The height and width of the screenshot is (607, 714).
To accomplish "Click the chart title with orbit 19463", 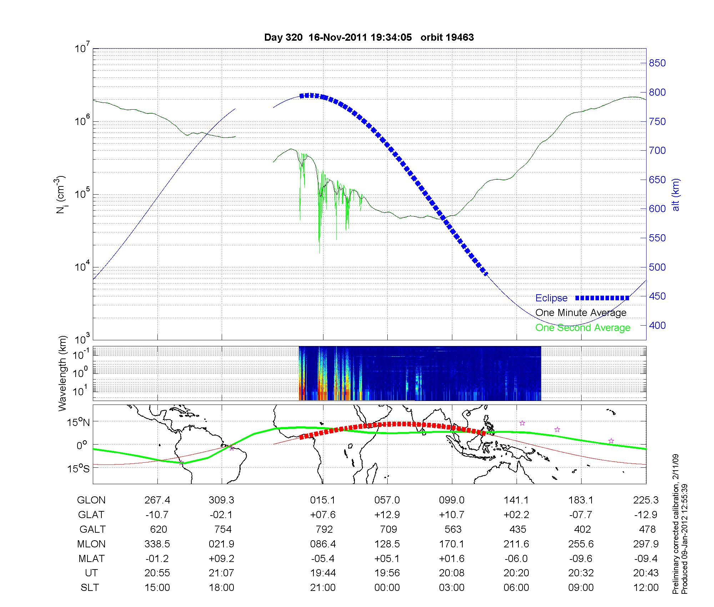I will point(369,37).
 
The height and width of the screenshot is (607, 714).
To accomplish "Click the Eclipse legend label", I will point(551,298).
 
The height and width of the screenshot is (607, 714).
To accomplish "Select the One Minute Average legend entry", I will point(581,313).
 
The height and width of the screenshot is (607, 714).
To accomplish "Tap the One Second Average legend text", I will point(583,328).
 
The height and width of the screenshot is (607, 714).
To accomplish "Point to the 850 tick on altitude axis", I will point(657,63).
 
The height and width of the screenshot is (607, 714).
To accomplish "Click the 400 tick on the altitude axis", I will point(657,325).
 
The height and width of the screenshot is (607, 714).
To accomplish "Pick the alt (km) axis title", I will point(676,195).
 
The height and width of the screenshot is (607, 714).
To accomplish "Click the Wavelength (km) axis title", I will point(62,373).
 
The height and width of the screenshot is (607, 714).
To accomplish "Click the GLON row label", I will point(91,500).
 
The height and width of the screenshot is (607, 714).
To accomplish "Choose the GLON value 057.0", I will point(387,500).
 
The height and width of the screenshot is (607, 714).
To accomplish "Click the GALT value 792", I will point(324,529).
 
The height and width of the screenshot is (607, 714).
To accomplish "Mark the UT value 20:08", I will point(452,573).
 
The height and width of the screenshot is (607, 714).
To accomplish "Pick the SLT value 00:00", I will point(387,588).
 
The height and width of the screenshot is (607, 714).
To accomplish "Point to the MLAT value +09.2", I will point(221,558).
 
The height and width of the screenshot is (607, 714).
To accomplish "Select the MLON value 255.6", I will point(581,544).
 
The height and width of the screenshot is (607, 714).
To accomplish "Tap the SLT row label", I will point(90,588).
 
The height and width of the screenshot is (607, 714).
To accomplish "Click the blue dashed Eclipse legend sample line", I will point(602,298).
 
